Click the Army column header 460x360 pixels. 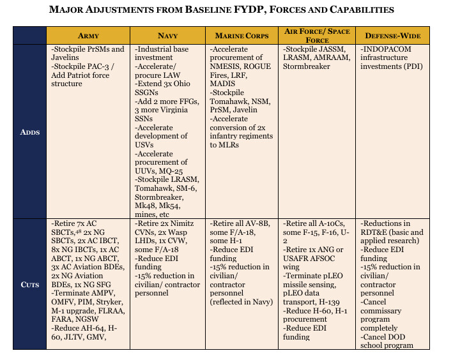point(88,36)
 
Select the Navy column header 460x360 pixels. point(167,36)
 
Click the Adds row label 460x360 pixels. point(29,132)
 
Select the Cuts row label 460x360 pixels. point(29,283)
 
